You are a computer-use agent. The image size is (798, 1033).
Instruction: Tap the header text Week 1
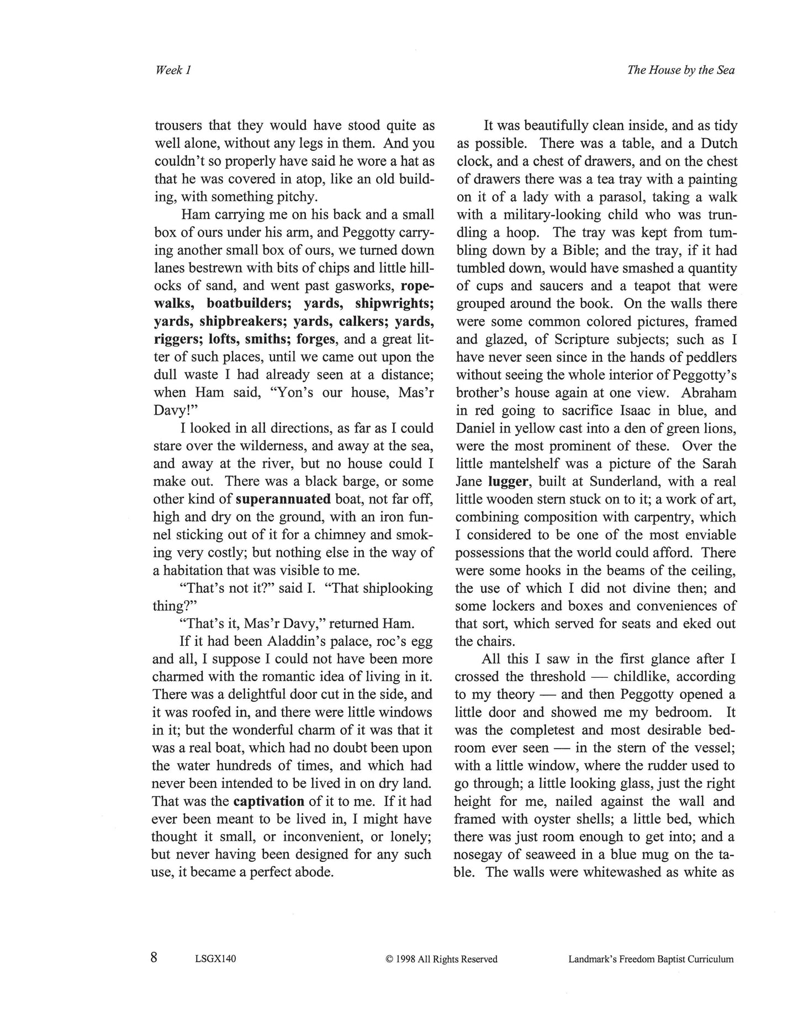pos(173,70)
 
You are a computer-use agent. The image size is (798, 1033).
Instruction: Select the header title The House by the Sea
pos(680,70)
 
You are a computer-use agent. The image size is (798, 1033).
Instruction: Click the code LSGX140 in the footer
pos(215,959)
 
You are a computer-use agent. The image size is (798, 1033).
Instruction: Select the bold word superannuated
pos(283,499)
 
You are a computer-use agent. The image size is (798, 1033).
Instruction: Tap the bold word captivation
pos(269,801)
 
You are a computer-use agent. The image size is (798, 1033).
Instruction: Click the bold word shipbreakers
pos(243,322)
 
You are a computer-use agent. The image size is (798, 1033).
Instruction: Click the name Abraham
pos(709,393)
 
